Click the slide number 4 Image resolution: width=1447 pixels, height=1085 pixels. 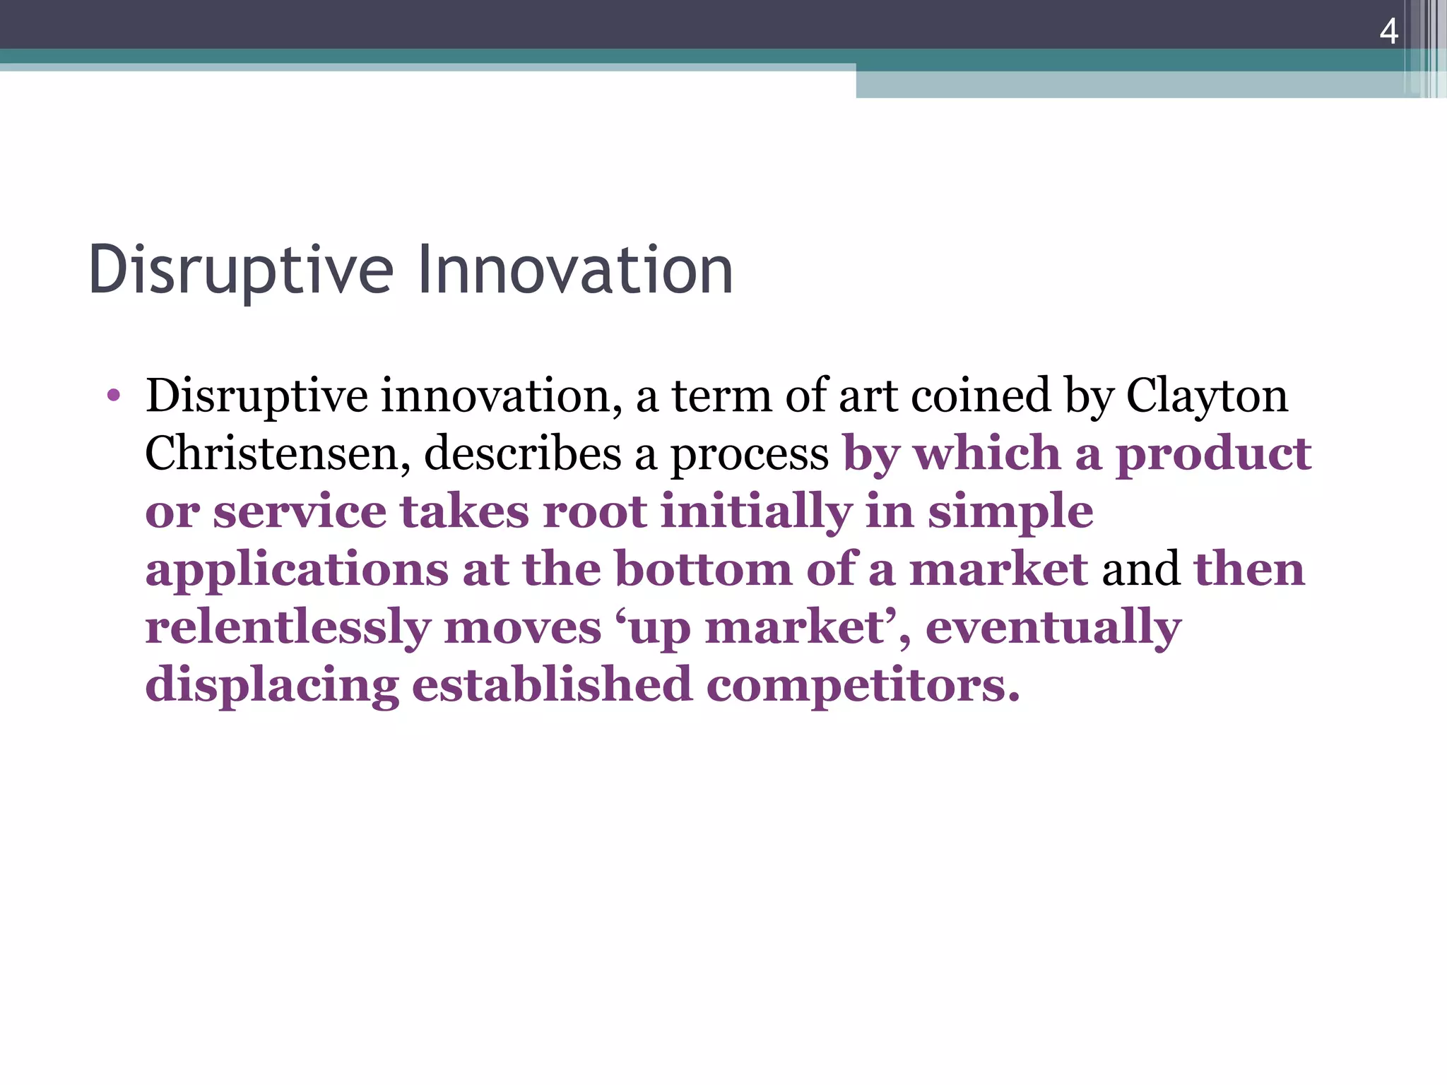point(1388,31)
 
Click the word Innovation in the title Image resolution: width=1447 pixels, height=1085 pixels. point(575,270)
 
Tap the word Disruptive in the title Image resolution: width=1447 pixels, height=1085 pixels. point(240,270)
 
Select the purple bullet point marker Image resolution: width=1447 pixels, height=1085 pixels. point(113,396)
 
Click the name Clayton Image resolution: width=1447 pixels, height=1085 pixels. point(1207,397)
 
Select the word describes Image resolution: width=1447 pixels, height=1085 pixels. point(521,453)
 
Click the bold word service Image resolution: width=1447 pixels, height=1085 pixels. point(300,511)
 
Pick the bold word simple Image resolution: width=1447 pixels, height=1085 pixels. point(1010,513)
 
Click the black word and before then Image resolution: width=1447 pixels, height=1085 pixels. point(1140,569)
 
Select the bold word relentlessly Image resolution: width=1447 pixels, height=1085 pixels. point(288,627)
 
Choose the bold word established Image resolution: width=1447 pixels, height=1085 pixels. point(552,685)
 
